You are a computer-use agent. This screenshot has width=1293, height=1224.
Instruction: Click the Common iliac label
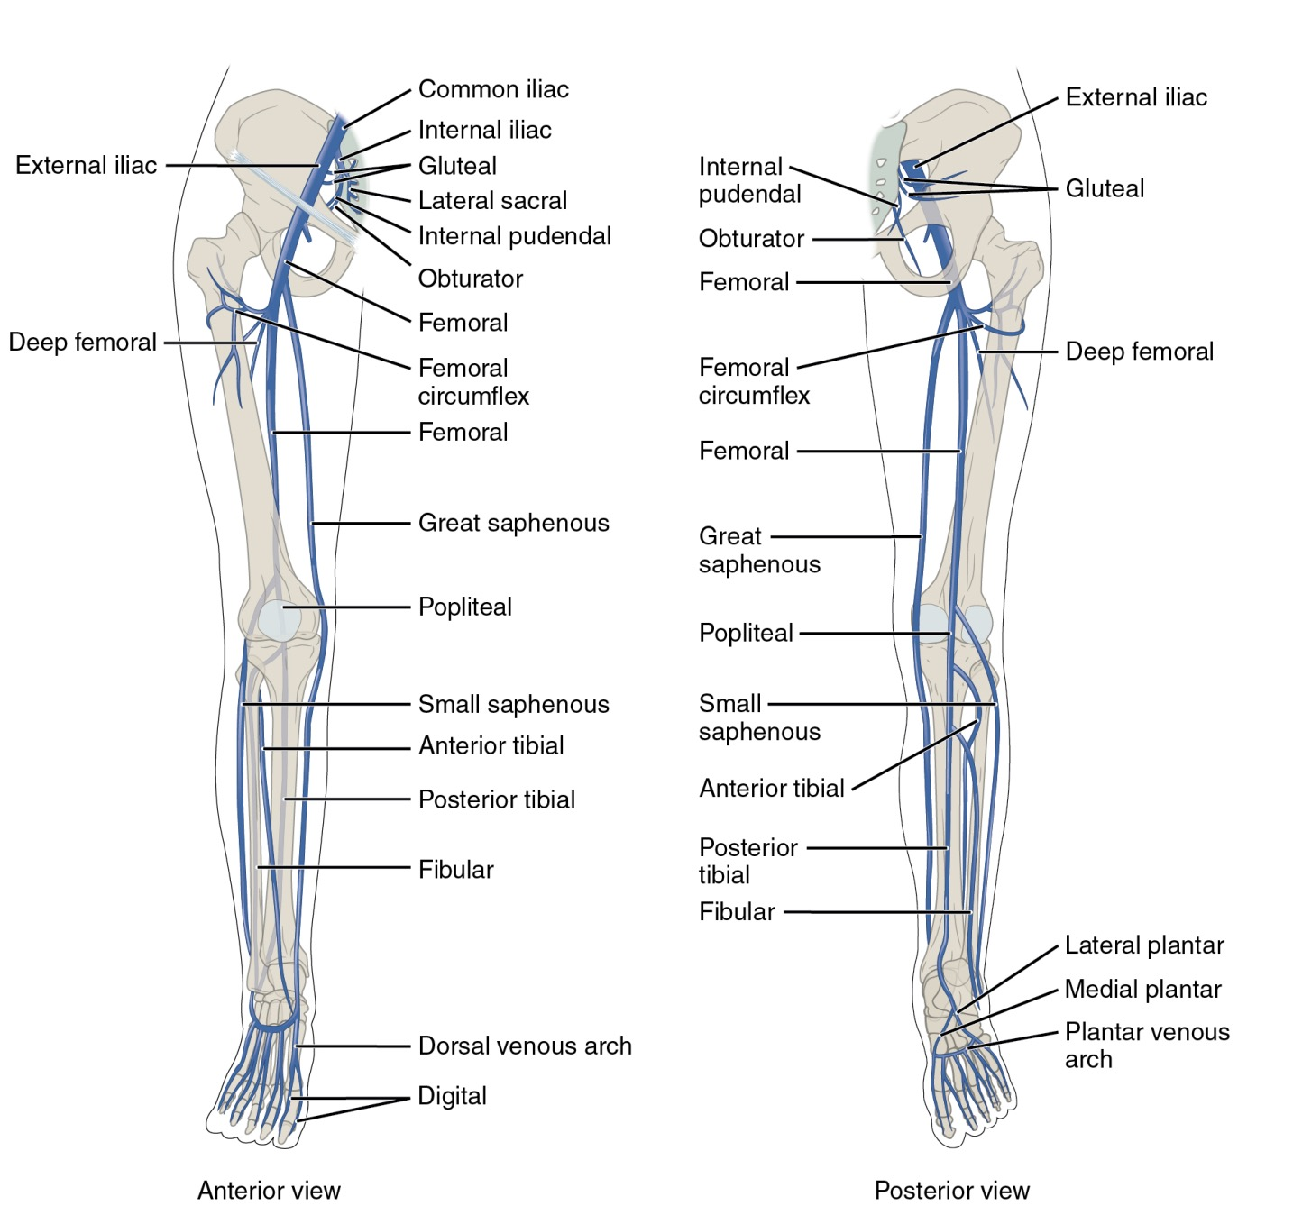493,89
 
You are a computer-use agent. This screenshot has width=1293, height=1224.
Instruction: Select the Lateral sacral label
492,200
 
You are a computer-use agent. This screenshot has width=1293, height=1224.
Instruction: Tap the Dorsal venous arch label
525,1046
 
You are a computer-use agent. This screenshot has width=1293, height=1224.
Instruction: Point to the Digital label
452,1096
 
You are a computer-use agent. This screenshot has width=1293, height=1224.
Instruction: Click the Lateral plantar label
1144,945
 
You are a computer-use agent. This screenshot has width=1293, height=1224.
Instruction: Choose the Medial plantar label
1142,990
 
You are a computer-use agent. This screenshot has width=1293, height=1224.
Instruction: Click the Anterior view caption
269,1191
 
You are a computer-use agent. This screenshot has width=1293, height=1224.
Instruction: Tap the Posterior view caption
951,1191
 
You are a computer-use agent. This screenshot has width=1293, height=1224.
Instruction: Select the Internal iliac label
484,130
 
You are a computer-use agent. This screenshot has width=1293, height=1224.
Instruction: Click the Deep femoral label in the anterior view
82,343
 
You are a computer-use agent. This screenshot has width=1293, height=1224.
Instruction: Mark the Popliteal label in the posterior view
746,633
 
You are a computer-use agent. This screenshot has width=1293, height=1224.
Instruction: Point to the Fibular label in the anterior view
455,870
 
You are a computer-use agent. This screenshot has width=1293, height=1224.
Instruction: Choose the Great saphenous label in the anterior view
513,523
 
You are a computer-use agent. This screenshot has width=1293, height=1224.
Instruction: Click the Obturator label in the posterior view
751,239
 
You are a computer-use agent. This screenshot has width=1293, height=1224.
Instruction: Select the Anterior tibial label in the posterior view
772,789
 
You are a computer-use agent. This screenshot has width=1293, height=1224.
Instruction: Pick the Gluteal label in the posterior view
1105,188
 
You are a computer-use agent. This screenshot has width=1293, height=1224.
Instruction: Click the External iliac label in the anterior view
87,166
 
